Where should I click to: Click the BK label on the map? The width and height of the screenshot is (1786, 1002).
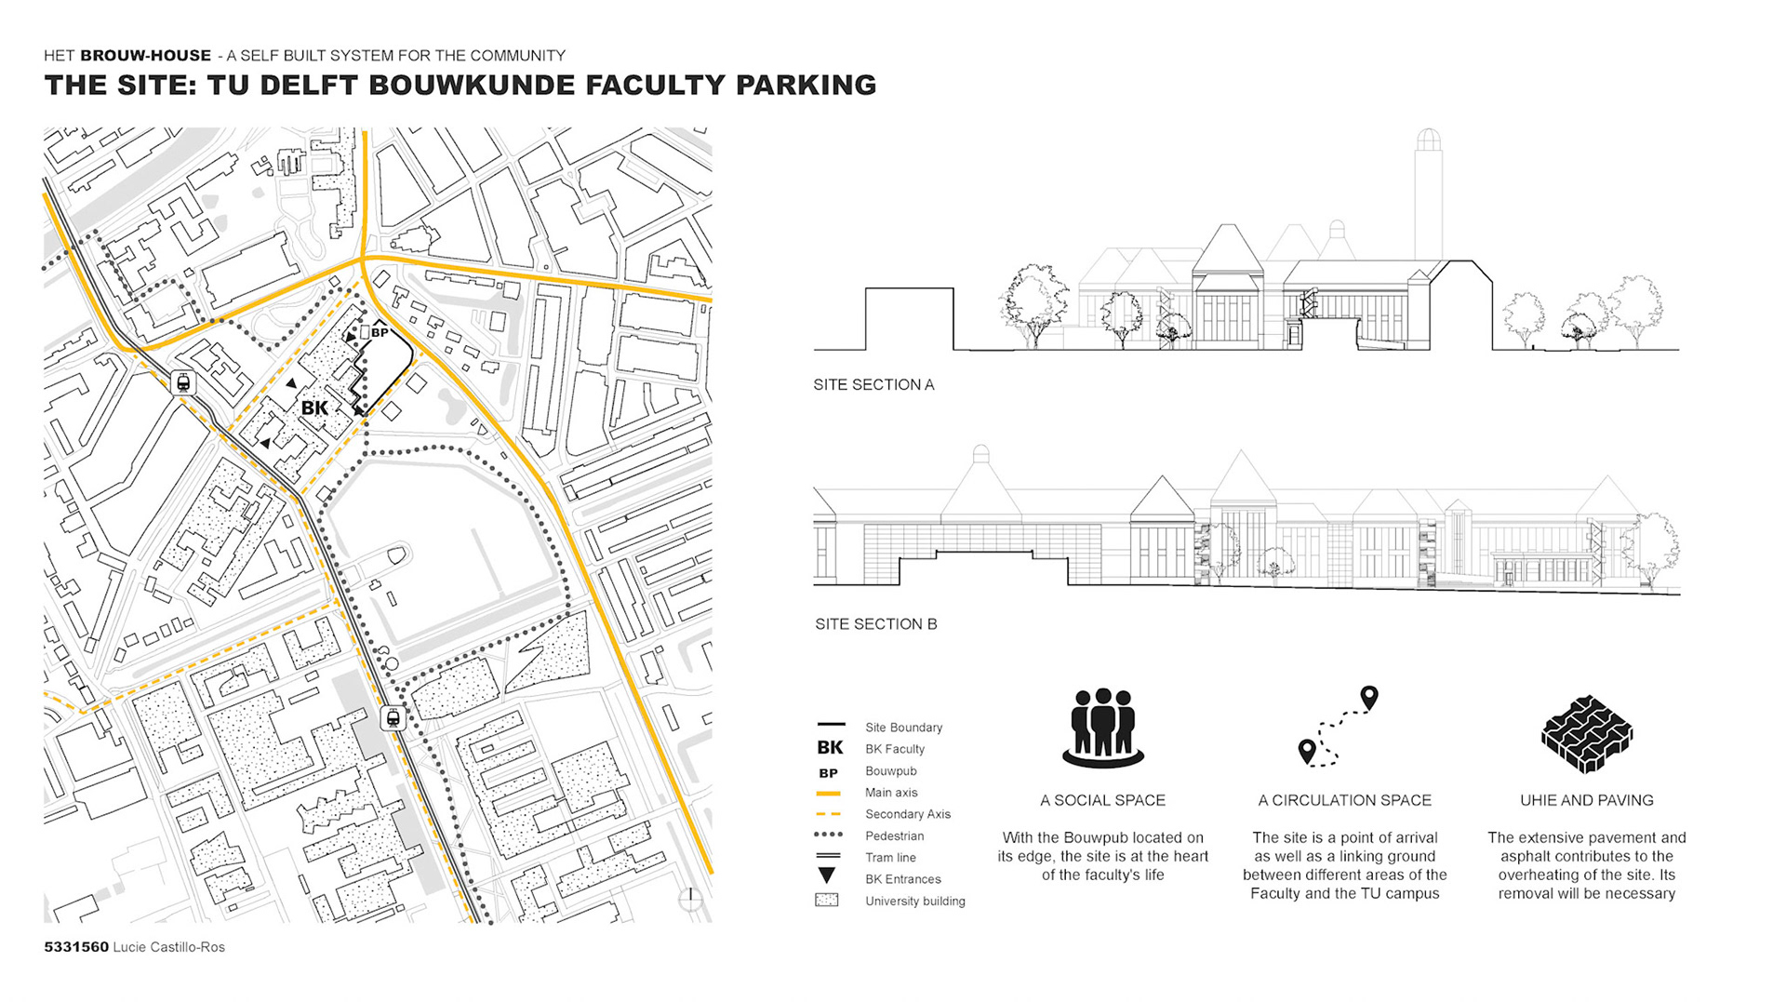pos(314,407)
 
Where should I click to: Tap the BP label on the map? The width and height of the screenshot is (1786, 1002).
pos(380,332)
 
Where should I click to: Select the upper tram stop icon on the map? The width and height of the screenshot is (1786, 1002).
pos(183,382)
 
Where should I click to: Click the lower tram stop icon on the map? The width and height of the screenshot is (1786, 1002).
pos(393,718)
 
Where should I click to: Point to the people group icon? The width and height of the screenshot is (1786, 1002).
pos(1102,729)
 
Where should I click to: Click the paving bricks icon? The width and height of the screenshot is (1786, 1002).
pos(1586,734)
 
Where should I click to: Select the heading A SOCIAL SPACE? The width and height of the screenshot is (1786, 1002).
pos(1102,800)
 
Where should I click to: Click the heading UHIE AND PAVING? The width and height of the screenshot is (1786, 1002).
pos(1586,800)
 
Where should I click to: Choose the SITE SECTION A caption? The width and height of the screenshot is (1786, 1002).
pos(873,385)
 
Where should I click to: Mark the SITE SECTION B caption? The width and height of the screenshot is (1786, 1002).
pos(875,624)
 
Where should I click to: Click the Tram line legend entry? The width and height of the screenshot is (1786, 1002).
pos(890,858)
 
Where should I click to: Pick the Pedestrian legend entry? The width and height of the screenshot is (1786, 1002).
pos(894,836)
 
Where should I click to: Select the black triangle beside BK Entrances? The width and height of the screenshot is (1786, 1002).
pos(827,875)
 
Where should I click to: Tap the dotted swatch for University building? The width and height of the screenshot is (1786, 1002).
pos(827,901)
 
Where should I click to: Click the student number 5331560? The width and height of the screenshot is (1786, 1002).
pos(76,947)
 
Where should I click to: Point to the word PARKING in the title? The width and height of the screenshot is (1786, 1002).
pos(806,86)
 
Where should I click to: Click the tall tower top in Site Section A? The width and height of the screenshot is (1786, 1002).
pos(1428,140)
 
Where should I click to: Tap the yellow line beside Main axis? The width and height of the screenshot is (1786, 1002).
pos(828,794)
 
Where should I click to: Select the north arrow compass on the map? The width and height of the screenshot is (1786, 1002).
pos(690,898)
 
